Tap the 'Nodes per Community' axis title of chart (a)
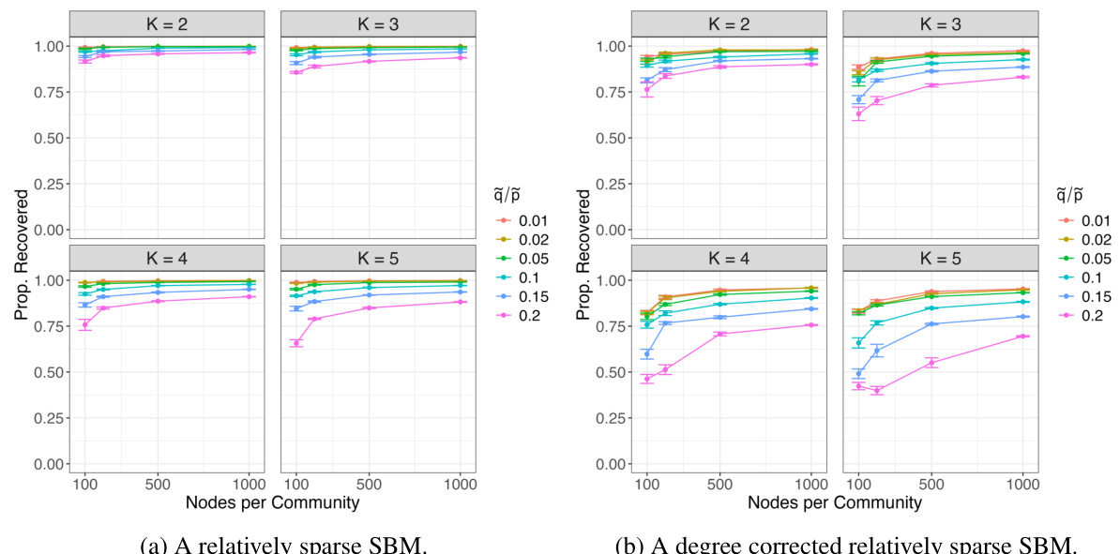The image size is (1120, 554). pyautogui.click(x=271, y=502)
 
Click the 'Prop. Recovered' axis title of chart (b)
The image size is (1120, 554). pyautogui.click(x=584, y=254)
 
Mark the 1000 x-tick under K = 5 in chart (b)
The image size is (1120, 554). pyautogui.click(x=1022, y=484)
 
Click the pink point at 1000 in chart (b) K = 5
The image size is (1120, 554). pyautogui.click(x=1022, y=337)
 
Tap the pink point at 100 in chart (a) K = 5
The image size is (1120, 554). pyautogui.click(x=296, y=343)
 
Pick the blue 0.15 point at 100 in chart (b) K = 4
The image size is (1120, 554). pyautogui.click(x=646, y=353)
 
